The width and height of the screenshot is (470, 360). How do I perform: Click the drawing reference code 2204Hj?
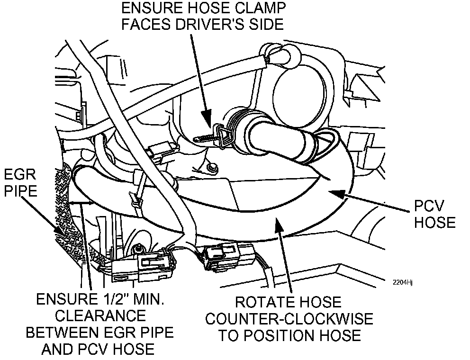pos(403,282)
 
